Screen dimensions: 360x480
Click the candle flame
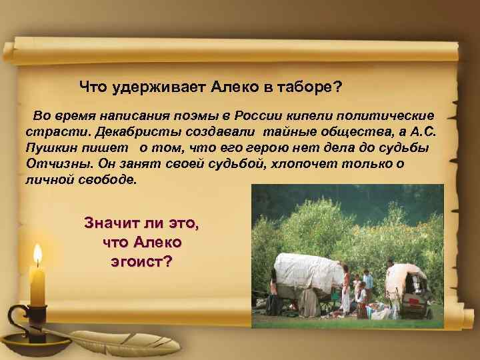[x=38, y=254]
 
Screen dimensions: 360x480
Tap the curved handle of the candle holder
[x=15, y=319]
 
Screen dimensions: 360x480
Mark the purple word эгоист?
[x=141, y=261]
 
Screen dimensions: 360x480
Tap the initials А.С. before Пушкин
[x=423, y=132]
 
